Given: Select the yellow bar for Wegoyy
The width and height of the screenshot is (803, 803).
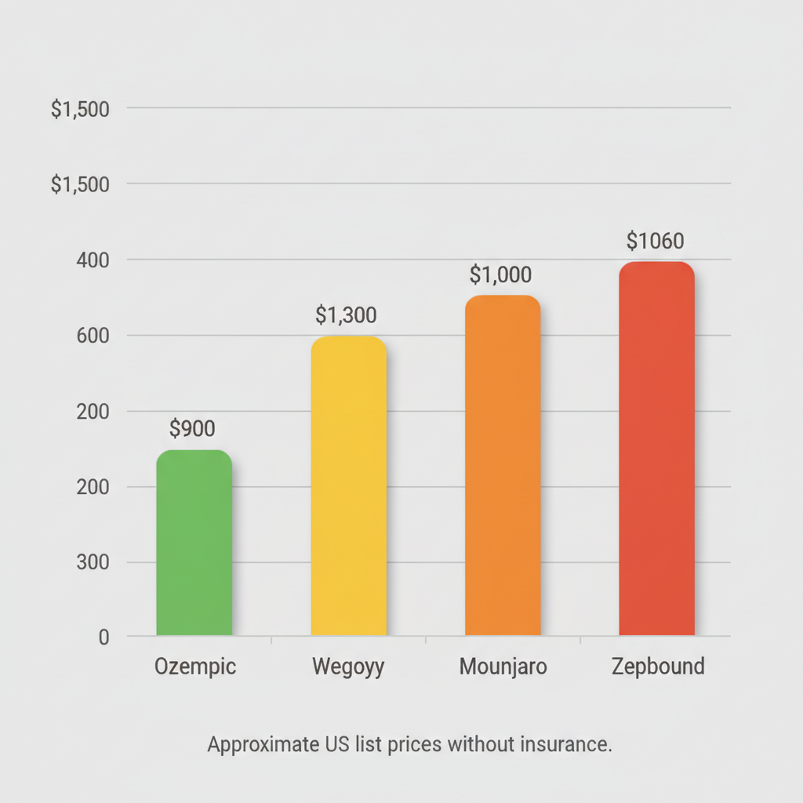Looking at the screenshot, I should click(349, 486).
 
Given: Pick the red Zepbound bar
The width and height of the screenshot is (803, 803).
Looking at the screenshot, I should click(657, 449).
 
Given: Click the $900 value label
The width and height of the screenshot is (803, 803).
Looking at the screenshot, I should click(192, 428).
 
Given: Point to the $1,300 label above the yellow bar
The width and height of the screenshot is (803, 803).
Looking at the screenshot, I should click(346, 315).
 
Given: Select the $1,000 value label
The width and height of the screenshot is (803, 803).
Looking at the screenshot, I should click(500, 275).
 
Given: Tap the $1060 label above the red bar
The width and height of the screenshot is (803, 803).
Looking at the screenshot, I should click(656, 241).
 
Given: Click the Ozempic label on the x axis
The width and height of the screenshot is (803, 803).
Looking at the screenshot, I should click(195, 667).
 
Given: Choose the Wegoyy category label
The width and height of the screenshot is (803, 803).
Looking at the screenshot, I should click(348, 667).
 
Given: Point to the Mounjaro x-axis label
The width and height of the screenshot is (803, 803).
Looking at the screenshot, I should click(503, 667).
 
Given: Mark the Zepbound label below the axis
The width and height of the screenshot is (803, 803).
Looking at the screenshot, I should click(657, 667).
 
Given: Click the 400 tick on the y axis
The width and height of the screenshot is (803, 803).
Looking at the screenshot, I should click(92, 260).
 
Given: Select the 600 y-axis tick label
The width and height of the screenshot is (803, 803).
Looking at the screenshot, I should click(92, 336).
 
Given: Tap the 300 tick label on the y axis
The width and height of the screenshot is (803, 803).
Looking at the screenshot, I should click(92, 563).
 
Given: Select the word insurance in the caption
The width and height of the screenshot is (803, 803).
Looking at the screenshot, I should click(565, 743).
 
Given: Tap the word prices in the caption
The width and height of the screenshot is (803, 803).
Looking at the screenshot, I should click(415, 744).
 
